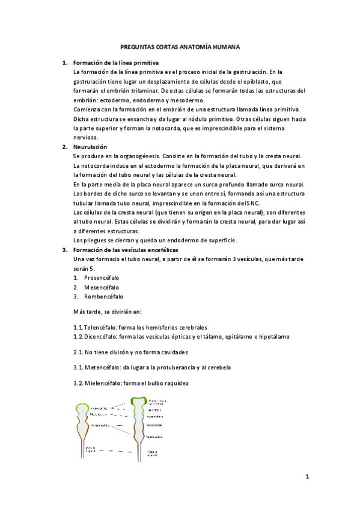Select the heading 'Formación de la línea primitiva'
pyautogui.click(x=116, y=63)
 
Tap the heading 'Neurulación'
pyautogui.click(x=90, y=147)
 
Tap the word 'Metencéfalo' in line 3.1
pyautogui.click(x=103, y=367)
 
